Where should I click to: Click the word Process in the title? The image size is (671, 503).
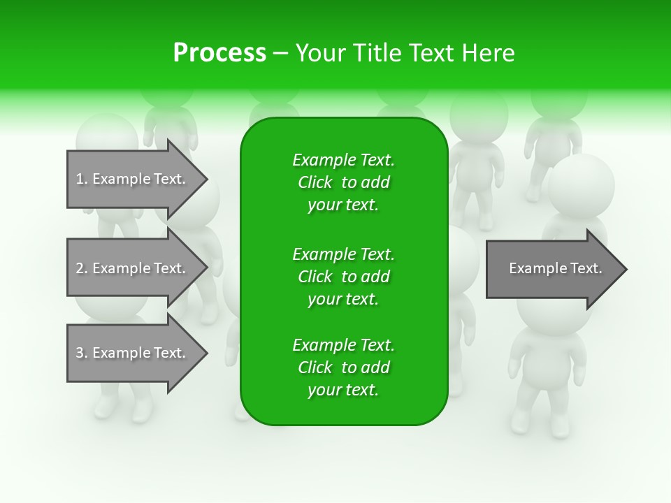click(219, 53)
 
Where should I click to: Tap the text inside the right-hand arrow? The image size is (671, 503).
click(555, 268)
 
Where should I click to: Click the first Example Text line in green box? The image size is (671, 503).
click(343, 160)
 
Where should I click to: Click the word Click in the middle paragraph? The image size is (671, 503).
click(315, 277)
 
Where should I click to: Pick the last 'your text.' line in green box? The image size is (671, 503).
click(343, 390)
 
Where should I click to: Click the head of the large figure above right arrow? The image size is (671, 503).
click(581, 186)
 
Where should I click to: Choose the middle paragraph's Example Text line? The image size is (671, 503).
click(343, 254)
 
